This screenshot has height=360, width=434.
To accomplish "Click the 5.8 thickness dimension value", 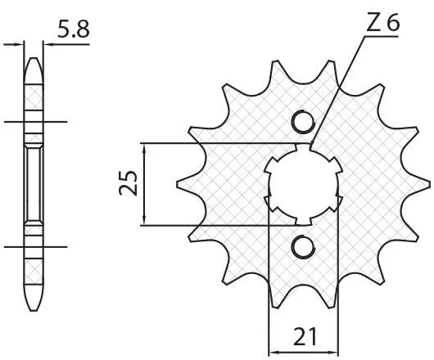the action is point(74,29).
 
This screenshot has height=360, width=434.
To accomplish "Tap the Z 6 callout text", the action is point(382,22).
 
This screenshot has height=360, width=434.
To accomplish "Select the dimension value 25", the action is point(128,183).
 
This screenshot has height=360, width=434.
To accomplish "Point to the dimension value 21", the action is point(305,336).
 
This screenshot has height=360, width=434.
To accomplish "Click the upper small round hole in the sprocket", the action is point(304,122).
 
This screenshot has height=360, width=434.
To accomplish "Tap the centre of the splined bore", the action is point(304,184).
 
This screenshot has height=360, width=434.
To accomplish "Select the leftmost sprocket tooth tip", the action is point(178,184).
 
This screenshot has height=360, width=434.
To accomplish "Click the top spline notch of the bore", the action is point(303,147).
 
